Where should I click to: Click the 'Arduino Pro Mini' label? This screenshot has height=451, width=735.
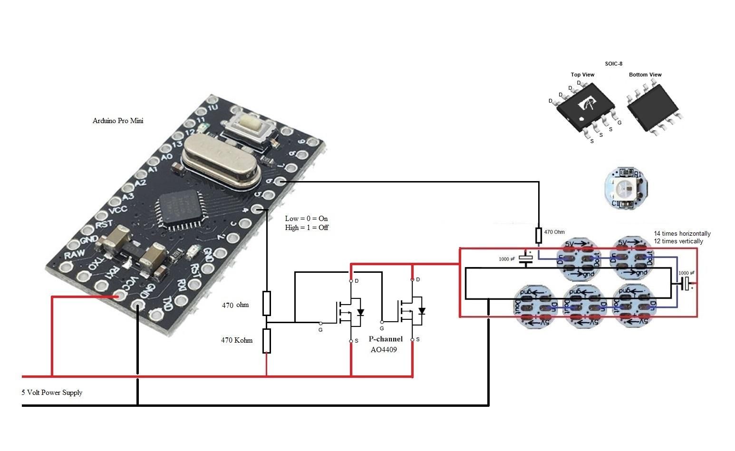118,121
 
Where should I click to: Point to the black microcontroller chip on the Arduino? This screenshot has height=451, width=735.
179,209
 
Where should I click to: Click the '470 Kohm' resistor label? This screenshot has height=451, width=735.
236,340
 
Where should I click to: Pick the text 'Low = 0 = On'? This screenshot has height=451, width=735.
306,219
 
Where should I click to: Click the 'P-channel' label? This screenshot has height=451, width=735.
386,339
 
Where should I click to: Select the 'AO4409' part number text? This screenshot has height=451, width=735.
384,349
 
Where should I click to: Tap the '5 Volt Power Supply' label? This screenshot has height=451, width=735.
52,393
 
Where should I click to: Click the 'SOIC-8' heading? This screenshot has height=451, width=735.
613,64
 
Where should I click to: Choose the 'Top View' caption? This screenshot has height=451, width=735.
582,75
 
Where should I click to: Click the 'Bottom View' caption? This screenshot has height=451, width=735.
645,75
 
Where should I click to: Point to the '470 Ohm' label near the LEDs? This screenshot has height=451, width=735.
554,232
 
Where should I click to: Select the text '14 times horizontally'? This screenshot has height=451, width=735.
682,233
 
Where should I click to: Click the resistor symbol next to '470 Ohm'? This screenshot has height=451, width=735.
539,235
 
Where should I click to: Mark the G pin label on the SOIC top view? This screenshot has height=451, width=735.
619,123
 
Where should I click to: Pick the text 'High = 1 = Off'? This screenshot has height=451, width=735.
307,228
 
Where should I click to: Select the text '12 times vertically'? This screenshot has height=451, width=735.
678,241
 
